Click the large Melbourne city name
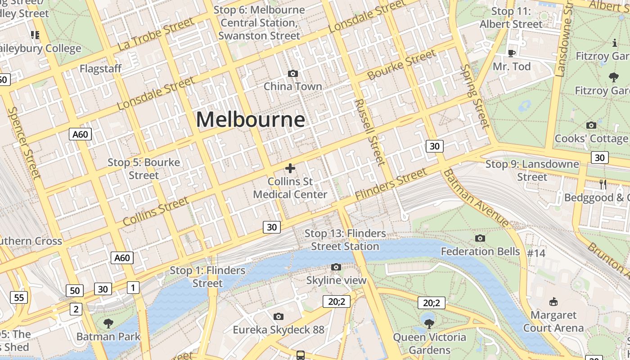pyautogui.click(x=251, y=120)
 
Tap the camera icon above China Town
pyautogui.click(x=293, y=73)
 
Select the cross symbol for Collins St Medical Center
pyautogui.click(x=290, y=168)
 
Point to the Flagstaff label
pyautogui.click(x=101, y=69)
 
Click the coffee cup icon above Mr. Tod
pyautogui.click(x=512, y=54)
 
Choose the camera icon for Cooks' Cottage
pyautogui.click(x=591, y=125)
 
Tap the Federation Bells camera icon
pyautogui.click(x=480, y=238)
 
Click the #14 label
pyautogui.click(x=536, y=253)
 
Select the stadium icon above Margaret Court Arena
pyautogui.click(x=553, y=301)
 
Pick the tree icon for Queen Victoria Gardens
pyautogui.click(x=429, y=324)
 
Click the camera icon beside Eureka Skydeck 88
pyautogui.click(x=279, y=316)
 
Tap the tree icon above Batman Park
pyautogui.click(x=108, y=323)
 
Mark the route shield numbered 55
pyautogui.click(x=19, y=297)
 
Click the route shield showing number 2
pyautogui.click(x=76, y=309)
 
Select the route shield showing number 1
pyautogui.click(x=133, y=287)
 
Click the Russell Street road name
pyautogui.click(x=370, y=132)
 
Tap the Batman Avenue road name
pyautogui.click(x=476, y=198)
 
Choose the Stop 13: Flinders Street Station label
pyautogui.click(x=345, y=240)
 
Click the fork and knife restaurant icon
pyautogui.click(x=603, y=184)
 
